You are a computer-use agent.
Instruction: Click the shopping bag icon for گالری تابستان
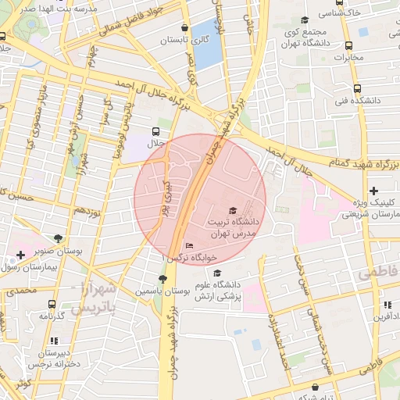tap(184, 26)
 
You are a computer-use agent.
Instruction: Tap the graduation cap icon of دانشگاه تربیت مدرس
tap(231, 211)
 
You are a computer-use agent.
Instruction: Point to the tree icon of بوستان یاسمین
tap(162, 279)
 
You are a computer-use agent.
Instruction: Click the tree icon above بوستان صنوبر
tap(59, 238)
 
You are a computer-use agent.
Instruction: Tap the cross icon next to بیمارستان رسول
tap(20, 255)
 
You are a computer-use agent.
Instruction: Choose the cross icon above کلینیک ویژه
tap(374, 191)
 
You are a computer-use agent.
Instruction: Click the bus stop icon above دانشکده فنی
tap(357, 88)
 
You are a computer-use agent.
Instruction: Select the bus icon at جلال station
tap(156, 131)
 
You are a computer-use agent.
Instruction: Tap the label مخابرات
tap(349, 57)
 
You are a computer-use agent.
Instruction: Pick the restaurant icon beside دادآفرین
tap(387, 305)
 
